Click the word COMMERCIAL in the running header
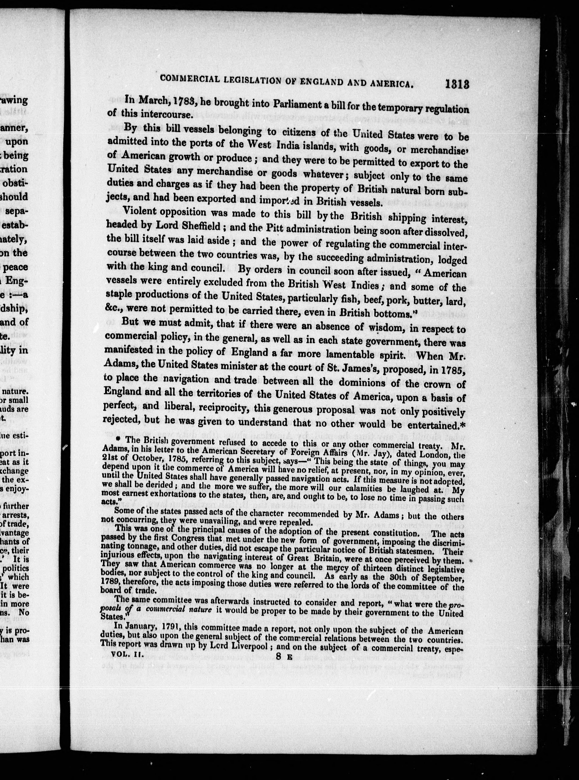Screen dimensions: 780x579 (x=189, y=78)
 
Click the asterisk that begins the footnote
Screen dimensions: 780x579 (x=118, y=439)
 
